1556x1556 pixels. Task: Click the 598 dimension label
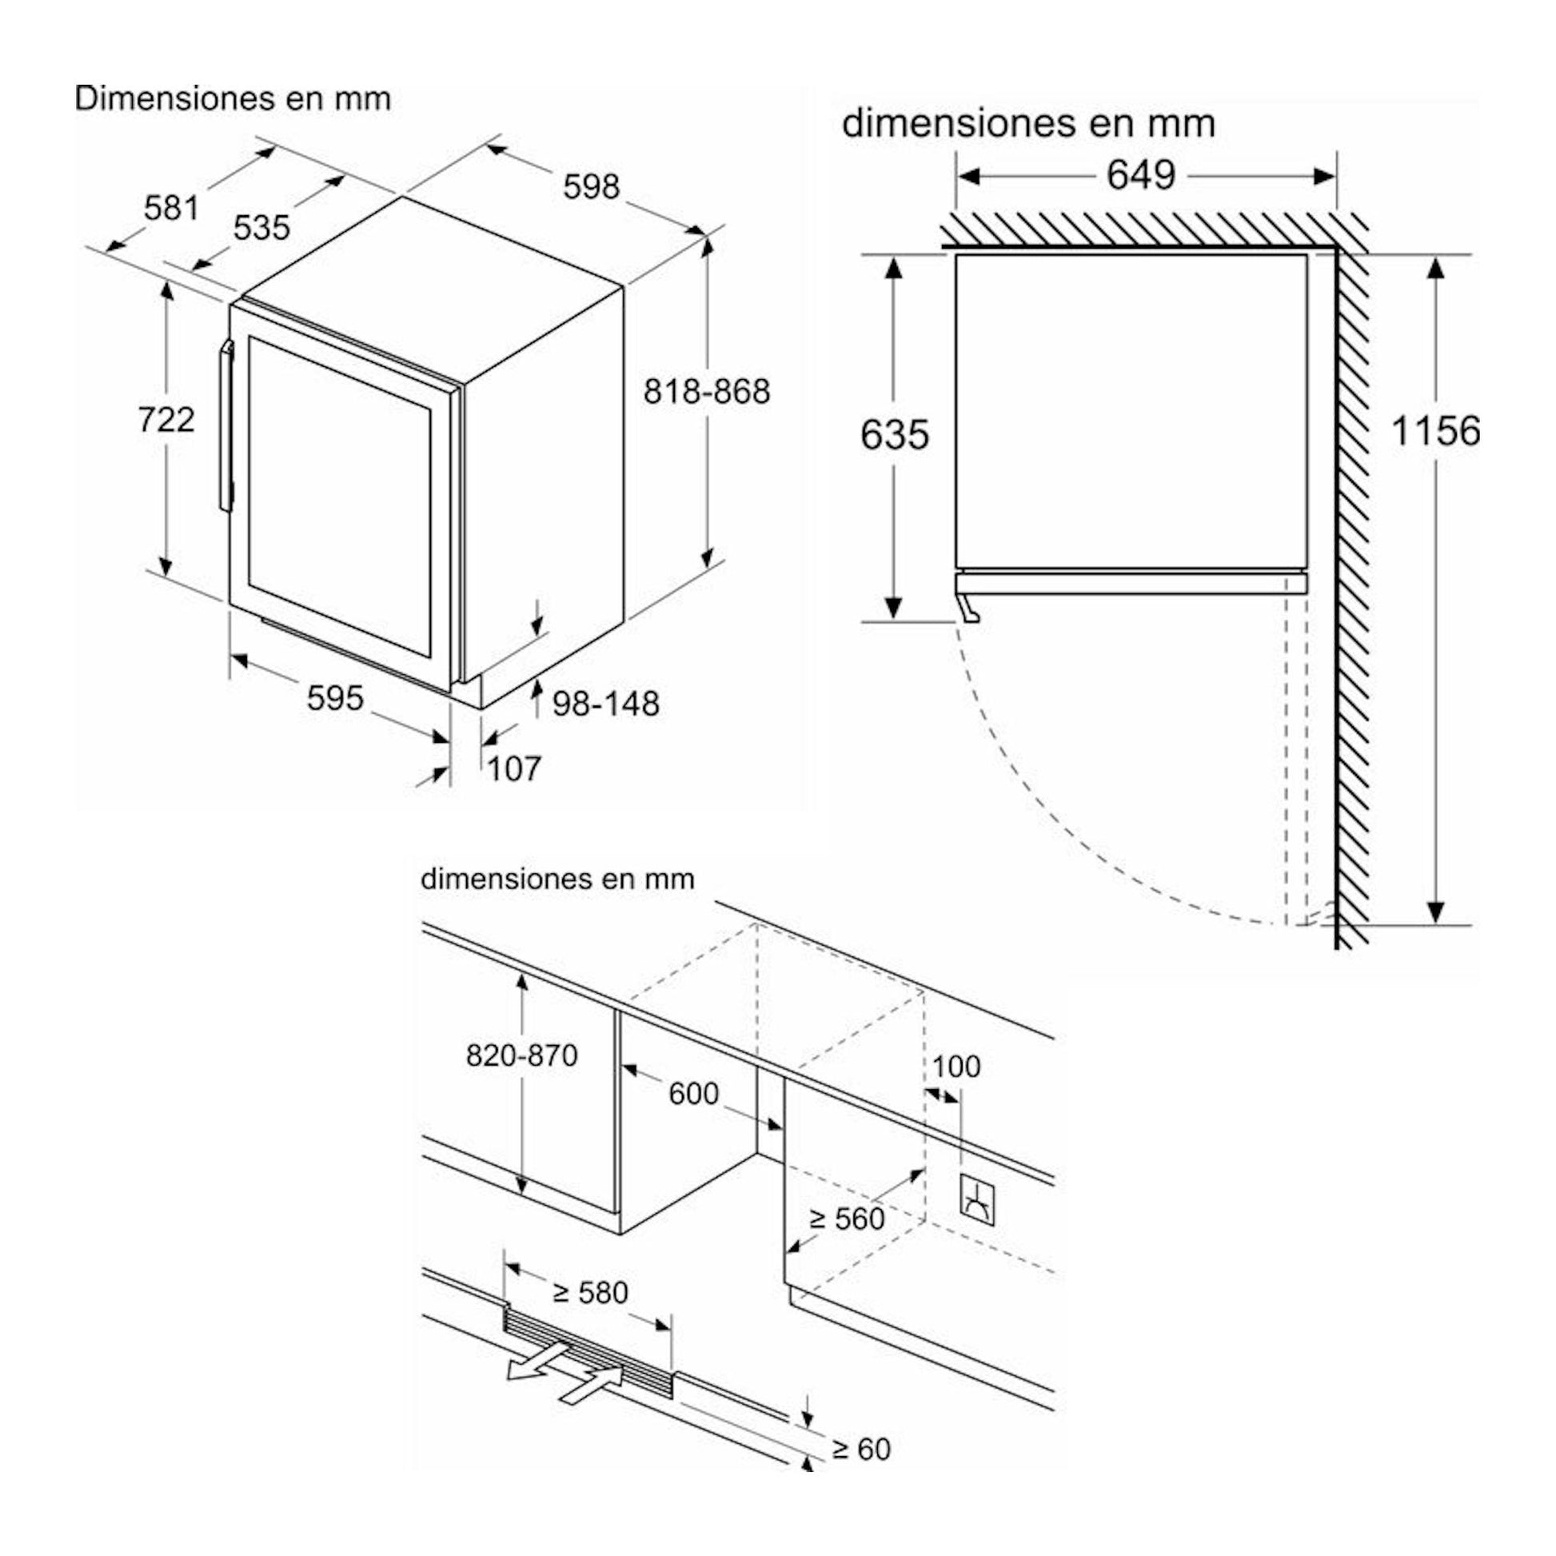[591, 187]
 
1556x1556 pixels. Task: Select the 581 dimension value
[171, 209]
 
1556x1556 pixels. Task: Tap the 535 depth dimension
[261, 228]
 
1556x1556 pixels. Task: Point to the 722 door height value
[166, 419]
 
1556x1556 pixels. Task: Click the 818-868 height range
[706, 392]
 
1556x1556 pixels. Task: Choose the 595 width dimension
[335, 697]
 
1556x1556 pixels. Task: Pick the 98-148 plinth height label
[605, 704]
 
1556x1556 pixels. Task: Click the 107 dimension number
[514, 769]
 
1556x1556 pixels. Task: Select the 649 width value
[1141, 175]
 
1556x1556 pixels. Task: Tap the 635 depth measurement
[895, 435]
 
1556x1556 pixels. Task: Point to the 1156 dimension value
[1436, 431]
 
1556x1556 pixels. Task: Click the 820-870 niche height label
[522, 1055]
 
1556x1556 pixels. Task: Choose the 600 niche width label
[693, 1094]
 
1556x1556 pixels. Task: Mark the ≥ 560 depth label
[848, 1219]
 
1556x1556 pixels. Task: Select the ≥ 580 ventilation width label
[590, 1293]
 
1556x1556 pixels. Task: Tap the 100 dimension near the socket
[956, 1067]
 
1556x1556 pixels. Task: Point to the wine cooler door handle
[226, 426]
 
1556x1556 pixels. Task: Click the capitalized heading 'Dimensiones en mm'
[233, 99]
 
